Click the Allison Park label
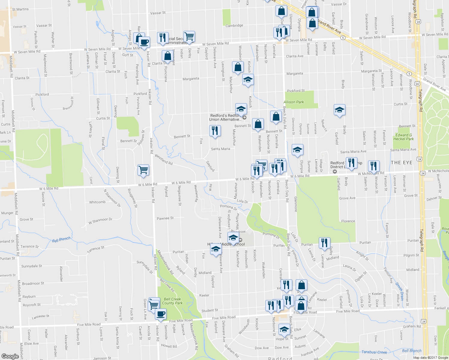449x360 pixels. coord(294,102)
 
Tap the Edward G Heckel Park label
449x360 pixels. coord(403,137)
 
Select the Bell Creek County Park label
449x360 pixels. coord(172,301)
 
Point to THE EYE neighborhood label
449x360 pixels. coord(401,163)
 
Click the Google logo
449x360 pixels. coord(10,356)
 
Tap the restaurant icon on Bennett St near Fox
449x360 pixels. coord(215,131)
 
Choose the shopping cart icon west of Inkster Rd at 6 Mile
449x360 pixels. coord(143,170)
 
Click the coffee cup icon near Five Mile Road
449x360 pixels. coord(161,314)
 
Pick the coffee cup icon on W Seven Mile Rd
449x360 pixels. coord(144,42)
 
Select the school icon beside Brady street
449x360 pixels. coord(339,110)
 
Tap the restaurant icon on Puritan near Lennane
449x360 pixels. coord(324,243)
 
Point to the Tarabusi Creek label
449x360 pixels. coord(374,352)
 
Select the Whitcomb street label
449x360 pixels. coord(97,202)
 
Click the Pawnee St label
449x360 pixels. coord(165,218)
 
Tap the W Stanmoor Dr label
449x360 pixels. coord(100,221)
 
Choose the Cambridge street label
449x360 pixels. coord(234,25)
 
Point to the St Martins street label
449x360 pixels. coord(20,9)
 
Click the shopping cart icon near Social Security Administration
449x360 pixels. coord(189,37)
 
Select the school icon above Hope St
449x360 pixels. coord(284,330)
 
